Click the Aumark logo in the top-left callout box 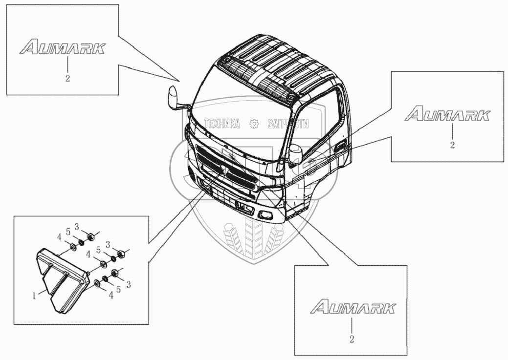[63, 48]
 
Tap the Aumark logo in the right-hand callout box [447, 115]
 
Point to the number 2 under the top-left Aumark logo [67, 78]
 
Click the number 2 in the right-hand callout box [452, 145]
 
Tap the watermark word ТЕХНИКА [222, 124]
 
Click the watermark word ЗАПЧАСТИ [288, 124]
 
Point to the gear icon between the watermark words [254, 124]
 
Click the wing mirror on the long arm [174, 97]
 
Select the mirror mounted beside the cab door [296, 155]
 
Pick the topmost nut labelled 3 [90, 237]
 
